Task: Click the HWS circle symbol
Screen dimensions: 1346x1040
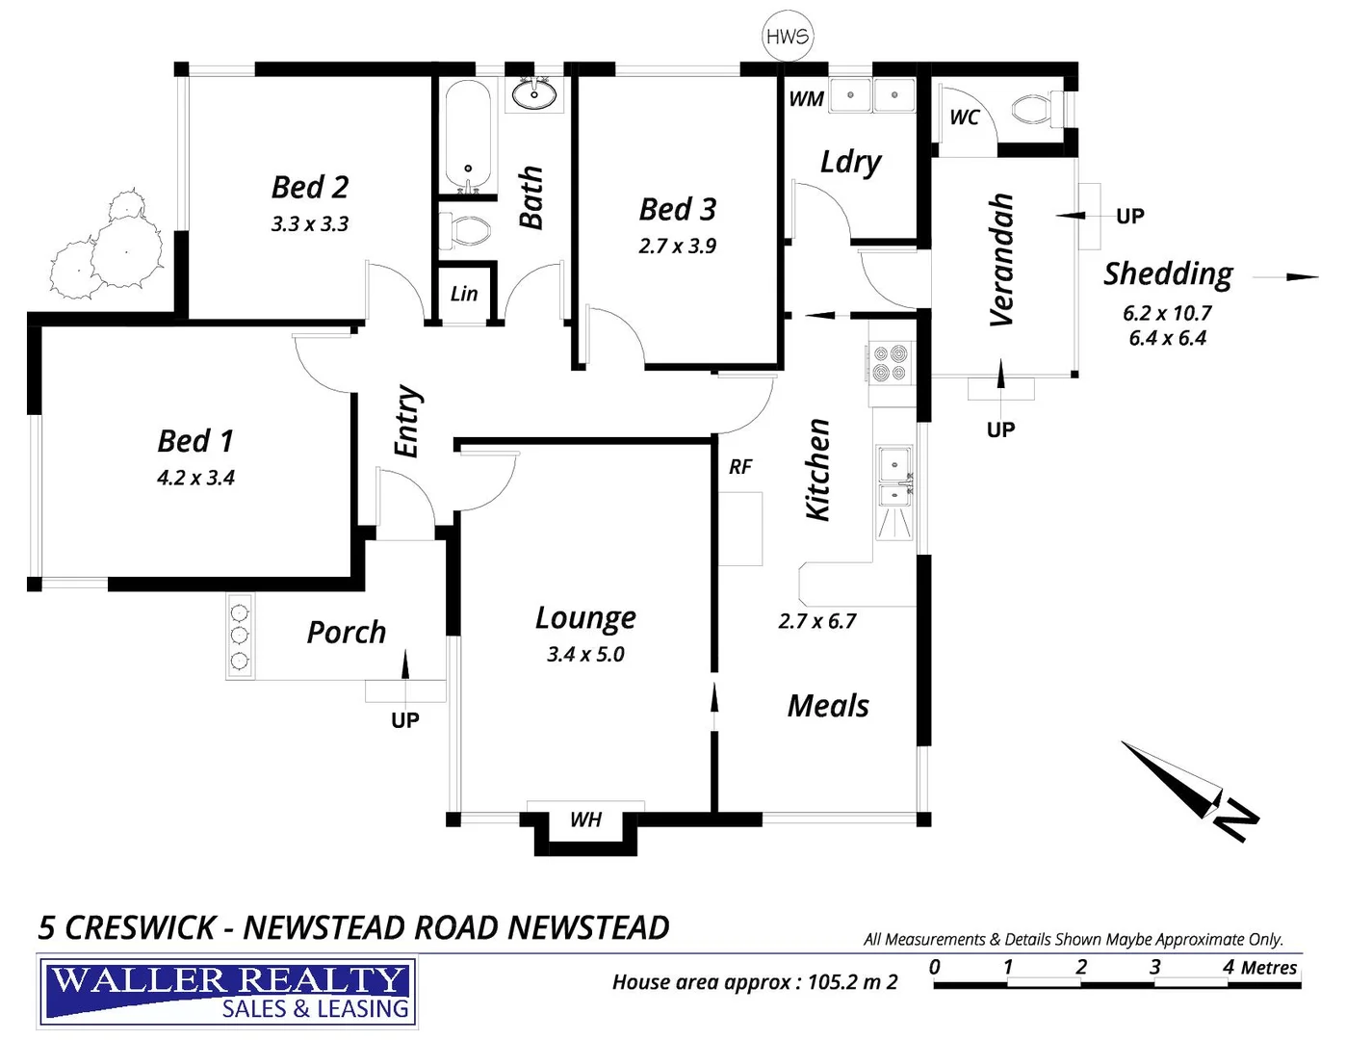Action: pos(788,37)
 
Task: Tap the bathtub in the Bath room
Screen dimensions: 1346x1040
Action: pos(469,136)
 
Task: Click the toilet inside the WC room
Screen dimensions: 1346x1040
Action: pos(1034,109)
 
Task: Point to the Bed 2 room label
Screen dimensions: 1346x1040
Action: pos(310,186)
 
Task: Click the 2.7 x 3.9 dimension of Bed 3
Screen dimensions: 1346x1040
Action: pos(677,246)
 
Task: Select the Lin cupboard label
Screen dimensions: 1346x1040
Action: pos(464,294)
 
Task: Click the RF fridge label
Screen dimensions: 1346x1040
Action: pos(739,467)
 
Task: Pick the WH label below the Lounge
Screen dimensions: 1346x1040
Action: pos(585,819)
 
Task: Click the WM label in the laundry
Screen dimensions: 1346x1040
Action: pos(806,98)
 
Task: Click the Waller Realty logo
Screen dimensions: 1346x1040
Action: pos(227,992)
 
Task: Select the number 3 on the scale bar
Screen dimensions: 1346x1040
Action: pos(1154,967)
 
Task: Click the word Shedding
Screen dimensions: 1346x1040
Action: pos(1168,274)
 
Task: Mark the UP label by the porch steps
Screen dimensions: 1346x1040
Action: pos(405,720)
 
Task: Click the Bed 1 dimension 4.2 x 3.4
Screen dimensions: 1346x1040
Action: pos(195,478)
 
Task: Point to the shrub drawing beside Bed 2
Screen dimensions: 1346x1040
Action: pos(107,247)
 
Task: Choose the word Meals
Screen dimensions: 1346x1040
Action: pos(828,706)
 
